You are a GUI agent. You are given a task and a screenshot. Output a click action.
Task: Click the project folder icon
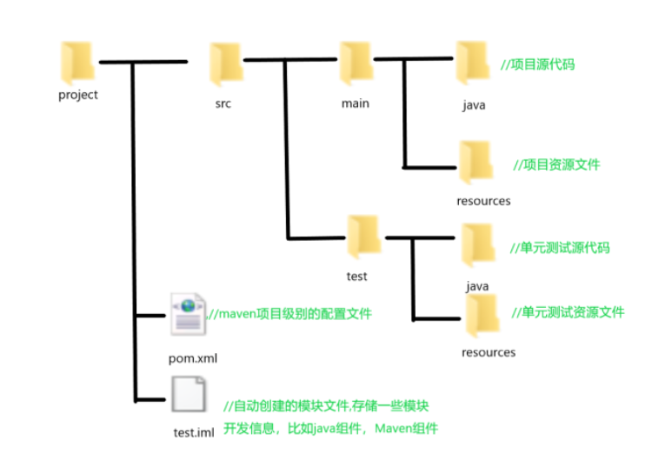click(77, 62)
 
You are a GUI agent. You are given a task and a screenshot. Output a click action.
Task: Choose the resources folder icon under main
click(475, 162)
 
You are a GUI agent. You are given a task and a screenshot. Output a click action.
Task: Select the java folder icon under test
click(476, 244)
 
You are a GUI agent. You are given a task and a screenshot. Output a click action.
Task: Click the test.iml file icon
click(189, 396)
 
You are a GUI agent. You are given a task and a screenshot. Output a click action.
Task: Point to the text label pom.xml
click(194, 358)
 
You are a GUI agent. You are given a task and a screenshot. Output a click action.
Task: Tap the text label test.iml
click(194, 433)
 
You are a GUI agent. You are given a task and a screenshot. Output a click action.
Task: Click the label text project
click(78, 96)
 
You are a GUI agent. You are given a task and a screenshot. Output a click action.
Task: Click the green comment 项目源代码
click(538, 65)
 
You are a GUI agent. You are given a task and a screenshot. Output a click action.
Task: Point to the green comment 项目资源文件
click(555, 164)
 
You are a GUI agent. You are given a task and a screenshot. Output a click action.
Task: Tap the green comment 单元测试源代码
click(560, 248)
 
